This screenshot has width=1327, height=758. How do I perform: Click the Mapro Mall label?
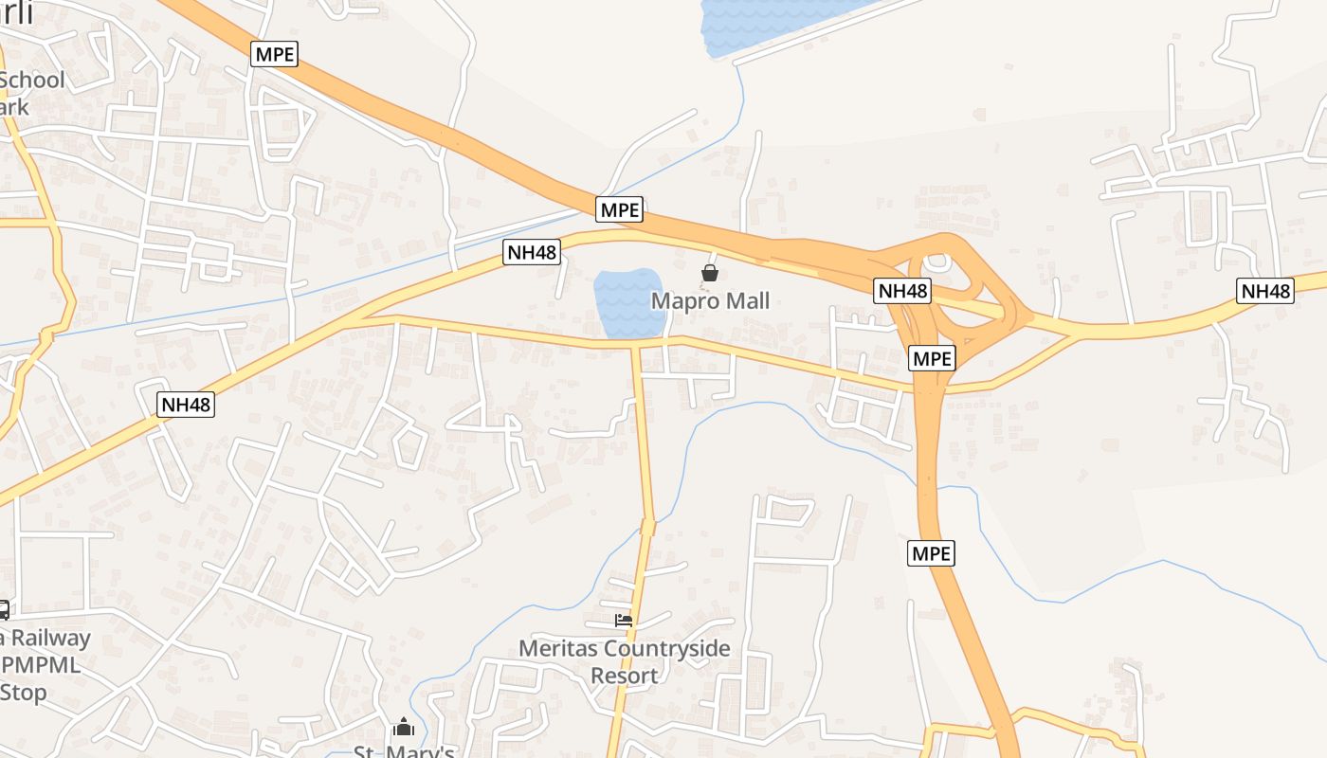coord(710,301)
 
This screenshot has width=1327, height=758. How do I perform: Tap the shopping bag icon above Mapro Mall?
coord(709,274)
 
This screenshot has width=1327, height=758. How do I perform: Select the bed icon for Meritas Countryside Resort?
coord(623,621)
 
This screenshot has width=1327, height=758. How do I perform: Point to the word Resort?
coord(624,676)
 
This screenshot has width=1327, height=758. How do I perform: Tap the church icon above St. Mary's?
coord(404,728)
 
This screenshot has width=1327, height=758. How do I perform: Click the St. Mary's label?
coord(404,752)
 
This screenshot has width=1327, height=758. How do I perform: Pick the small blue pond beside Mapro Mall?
coord(627,302)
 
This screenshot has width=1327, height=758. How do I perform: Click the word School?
coord(32,81)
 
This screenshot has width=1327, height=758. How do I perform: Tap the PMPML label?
coord(43,665)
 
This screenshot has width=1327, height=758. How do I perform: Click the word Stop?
coord(23,693)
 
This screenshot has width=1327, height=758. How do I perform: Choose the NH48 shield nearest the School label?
coord(186,405)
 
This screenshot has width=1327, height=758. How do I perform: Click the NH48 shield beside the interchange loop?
coord(901,291)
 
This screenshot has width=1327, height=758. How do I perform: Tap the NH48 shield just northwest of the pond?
coord(531,251)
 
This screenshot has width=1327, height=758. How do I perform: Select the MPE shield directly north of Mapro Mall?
coord(620,209)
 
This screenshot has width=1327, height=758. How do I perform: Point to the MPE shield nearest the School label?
coord(275,54)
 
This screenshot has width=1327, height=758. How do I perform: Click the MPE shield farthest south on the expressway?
coord(931,553)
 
